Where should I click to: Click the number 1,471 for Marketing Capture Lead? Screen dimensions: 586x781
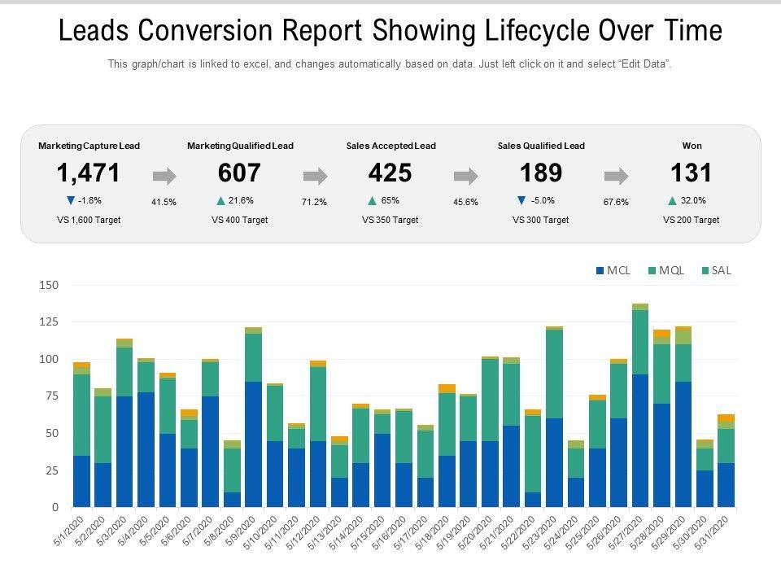[x=89, y=173]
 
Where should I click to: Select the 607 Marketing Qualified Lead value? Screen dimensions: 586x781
[x=240, y=173]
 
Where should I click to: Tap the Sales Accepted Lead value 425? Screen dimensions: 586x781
[x=390, y=173]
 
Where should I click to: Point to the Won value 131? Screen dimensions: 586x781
[x=692, y=173]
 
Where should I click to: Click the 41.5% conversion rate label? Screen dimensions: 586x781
[x=164, y=202]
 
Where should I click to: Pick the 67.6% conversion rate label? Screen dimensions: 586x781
[x=616, y=202]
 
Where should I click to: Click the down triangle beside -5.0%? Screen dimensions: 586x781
[x=521, y=200]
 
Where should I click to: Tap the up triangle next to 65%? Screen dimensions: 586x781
[x=372, y=200]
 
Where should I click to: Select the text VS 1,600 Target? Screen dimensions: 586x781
[x=89, y=220]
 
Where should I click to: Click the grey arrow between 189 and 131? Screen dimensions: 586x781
[x=617, y=176]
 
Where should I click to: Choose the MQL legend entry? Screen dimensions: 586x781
[x=665, y=271]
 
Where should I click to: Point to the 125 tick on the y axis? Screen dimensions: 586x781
[x=48, y=322]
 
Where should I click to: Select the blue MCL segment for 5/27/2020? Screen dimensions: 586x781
[x=640, y=440]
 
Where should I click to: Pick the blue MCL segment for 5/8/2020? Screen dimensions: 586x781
[x=232, y=499]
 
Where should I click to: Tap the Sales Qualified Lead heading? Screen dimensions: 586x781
[x=541, y=146]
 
